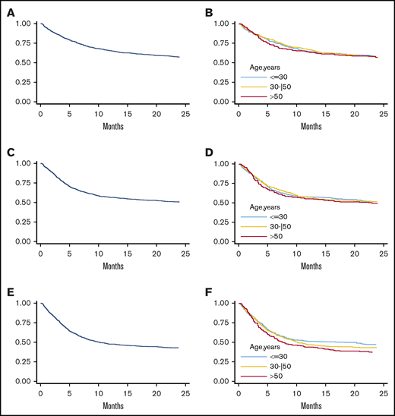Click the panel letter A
11,11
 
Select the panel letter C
11,150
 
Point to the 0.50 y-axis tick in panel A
23,63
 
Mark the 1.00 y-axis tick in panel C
23,163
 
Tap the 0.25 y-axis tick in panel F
222,361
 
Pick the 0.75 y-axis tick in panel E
23,323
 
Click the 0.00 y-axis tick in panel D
222,241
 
